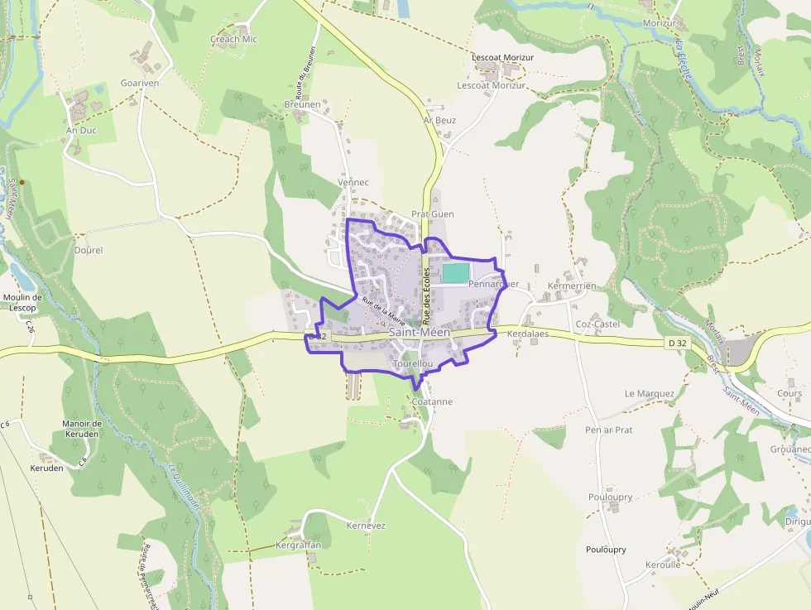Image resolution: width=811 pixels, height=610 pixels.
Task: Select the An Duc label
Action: click(x=81, y=131)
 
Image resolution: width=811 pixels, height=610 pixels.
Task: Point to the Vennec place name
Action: click(x=353, y=182)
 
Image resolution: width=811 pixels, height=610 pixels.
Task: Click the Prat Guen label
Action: click(x=432, y=214)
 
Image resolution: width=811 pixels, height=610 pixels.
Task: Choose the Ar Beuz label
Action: click(x=439, y=120)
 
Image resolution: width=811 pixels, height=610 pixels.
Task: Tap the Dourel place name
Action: click(x=89, y=249)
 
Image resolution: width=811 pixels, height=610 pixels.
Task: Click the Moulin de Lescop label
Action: click(x=22, y=302)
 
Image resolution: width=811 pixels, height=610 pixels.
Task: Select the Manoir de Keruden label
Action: click(x=81, y=429)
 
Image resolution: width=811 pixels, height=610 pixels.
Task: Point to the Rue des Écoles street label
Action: click(x=427, y=295)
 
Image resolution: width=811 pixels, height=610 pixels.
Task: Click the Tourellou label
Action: click(x=413, y=364)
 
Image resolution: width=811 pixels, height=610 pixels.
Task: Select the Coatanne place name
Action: click(x=432, y=401)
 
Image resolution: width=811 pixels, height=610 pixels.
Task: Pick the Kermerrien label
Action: click(x=571, y=286)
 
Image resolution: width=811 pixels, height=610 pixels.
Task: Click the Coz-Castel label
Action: click(x=597, y=324)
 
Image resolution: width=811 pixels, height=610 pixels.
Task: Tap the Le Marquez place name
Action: click(x=650, y=394)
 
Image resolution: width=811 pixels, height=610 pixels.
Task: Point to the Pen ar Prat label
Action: click(x=608, y=430)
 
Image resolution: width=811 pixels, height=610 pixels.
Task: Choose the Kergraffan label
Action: click(x=298, y=545)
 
